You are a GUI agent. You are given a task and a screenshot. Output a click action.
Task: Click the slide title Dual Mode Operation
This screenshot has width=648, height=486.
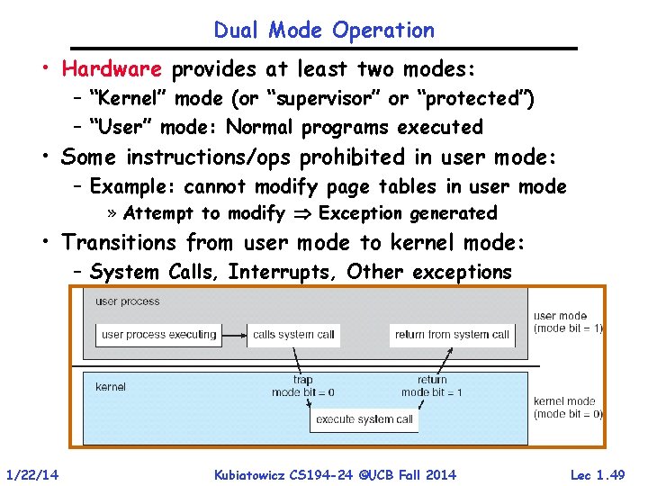324,30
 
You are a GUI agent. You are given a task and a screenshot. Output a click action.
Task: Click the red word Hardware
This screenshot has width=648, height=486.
112,69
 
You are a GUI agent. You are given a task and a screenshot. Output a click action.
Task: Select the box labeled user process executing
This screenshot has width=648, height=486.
158,335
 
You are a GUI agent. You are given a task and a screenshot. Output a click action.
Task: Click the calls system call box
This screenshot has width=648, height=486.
293,335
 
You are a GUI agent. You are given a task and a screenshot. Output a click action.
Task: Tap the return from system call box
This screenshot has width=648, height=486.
452,335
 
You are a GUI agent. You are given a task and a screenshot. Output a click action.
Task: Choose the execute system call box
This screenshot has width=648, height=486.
365,419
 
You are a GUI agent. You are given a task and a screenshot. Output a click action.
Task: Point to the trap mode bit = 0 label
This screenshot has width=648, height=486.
303,386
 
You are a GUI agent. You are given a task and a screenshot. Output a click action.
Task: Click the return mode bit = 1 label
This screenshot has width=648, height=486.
432,386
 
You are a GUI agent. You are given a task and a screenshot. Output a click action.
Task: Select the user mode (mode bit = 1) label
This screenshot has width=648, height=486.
568,322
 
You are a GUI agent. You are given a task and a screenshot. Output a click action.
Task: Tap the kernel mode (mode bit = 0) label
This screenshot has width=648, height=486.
568,408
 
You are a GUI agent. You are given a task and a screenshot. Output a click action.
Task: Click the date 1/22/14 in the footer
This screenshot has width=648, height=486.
32,474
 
